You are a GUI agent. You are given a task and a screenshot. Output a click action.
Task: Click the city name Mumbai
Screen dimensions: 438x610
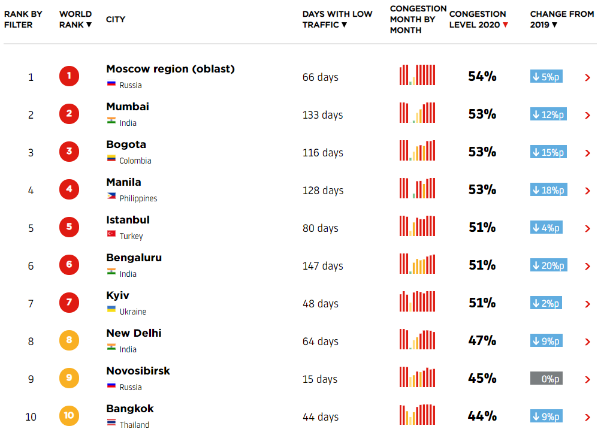(x=128, y=107)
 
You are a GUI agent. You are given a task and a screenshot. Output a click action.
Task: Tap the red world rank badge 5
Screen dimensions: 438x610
(x=69, y=227)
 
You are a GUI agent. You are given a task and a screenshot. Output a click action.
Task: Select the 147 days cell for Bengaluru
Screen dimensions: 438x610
(x=322, y=266)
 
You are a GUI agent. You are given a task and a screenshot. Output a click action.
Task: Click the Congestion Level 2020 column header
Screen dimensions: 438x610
(x=478, y=19)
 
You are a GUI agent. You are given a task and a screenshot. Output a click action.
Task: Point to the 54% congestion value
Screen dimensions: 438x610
(x=482, y=77)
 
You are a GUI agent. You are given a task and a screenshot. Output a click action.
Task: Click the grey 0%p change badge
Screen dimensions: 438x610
(x=546, y=379)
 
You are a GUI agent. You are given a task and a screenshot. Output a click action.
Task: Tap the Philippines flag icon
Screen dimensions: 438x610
(x=111, y=196)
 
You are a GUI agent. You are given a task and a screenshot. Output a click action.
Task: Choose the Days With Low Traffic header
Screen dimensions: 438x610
(x=337, y=19)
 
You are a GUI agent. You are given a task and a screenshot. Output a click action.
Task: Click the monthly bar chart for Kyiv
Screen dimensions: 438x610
(x=417, y=301)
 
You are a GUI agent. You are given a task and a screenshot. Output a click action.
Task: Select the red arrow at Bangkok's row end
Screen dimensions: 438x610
(x=587, y=417)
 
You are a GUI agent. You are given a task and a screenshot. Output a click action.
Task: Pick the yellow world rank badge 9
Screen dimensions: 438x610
(x=69, y=378)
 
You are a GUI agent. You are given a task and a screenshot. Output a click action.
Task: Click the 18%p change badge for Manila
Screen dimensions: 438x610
(x=548, y=190)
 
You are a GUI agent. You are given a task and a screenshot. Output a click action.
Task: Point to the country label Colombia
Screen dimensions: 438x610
(x=135, y=161)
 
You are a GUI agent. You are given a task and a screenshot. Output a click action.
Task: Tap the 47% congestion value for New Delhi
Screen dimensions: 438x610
(x=482, y=341)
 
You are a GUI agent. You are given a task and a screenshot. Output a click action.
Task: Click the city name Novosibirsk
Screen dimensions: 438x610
(x=138, y=371)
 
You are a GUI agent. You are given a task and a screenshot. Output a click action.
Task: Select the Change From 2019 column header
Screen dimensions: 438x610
(x=561, y=19)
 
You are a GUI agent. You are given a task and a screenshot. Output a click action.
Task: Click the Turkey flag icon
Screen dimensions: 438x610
(x=111, y=234)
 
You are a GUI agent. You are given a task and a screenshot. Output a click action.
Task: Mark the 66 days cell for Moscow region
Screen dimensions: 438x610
(x=320, y=77)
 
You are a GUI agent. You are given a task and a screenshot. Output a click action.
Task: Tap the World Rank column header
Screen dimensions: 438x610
(x=76, y=19)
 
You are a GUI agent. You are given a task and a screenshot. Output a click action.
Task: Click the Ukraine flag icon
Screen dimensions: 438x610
(x=111, y=309)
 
